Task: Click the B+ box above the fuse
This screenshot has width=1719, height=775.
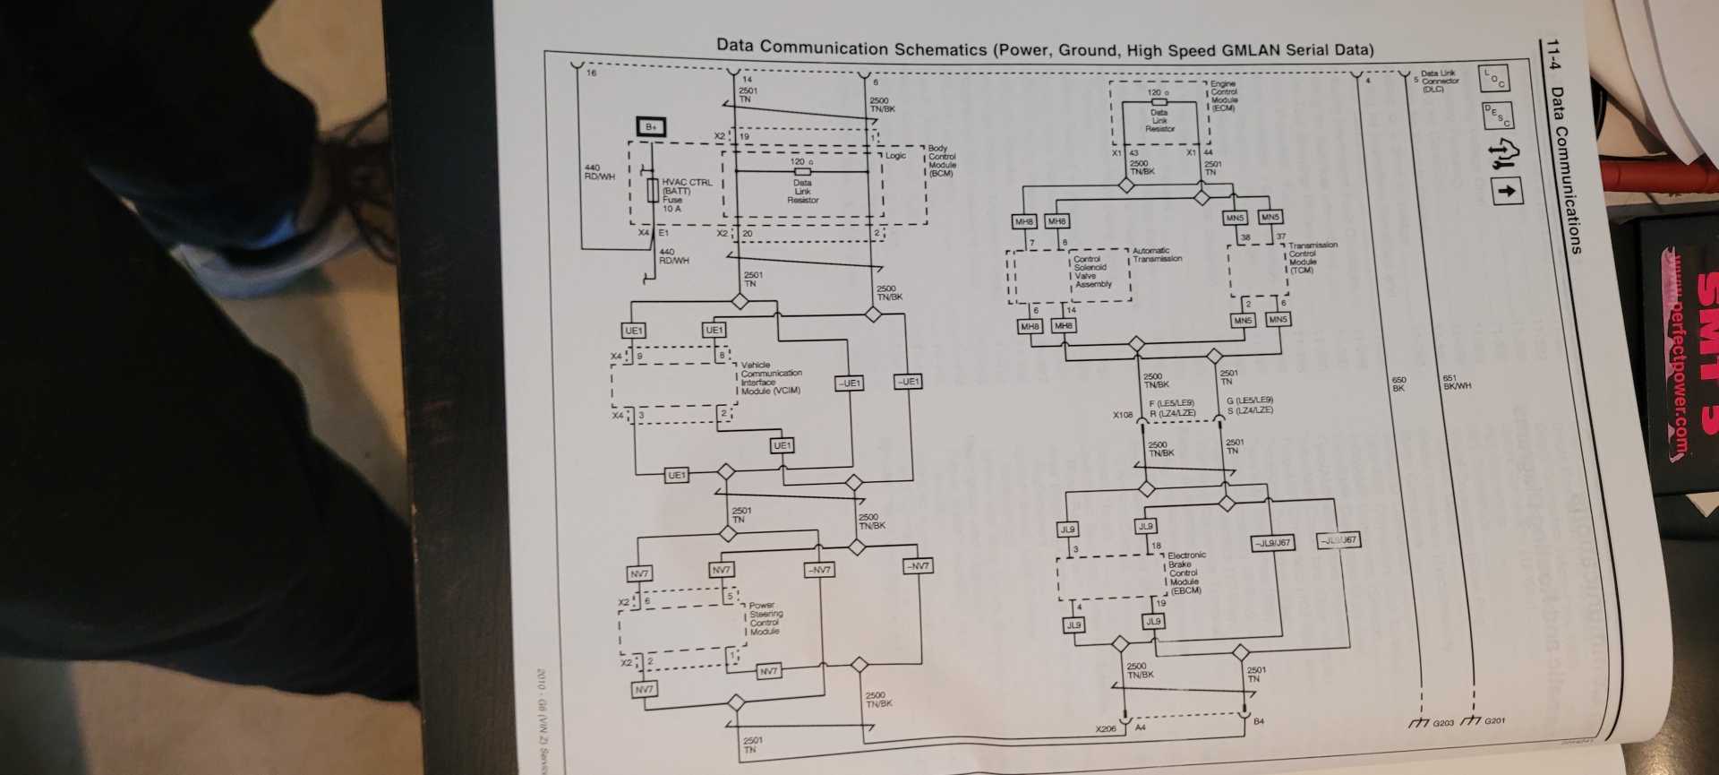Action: [651, 127]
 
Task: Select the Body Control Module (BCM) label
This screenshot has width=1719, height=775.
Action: [942, 161]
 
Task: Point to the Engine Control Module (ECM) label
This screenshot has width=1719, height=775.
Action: [1224, 95]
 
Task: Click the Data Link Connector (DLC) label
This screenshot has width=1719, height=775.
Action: [1439, 81]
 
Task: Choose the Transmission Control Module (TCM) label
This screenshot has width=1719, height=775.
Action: [1313, 257]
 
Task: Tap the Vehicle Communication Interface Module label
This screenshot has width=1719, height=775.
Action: [771, 378]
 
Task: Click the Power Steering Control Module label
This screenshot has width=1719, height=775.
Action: [765, 618]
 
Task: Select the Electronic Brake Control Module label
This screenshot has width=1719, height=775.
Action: [1185, 573]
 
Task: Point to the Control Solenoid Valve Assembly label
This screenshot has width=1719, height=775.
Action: [1092, 271]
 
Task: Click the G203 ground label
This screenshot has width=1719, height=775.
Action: [1443, 722]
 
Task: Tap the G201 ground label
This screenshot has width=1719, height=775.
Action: [1494, 721]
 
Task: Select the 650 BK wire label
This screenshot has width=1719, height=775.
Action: [1398, 383]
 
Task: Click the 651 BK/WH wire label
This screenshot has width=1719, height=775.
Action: [1457, 382]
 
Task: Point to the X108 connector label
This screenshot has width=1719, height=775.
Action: [1122, 416]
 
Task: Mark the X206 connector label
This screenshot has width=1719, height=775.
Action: [1106, 729]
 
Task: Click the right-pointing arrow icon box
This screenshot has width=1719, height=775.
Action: [1508, 190]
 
